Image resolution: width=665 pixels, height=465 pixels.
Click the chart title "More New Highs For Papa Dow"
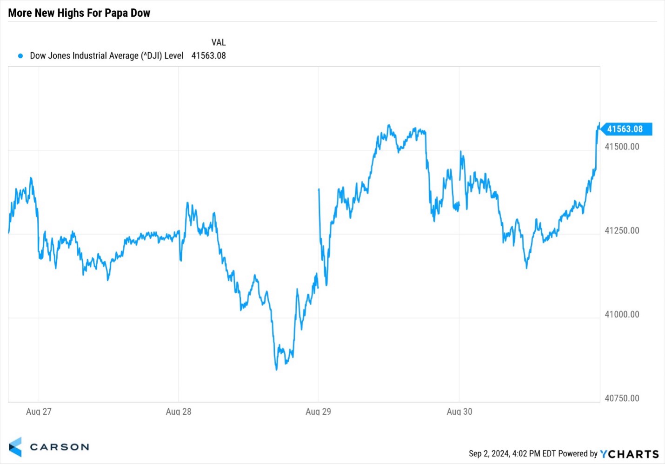tap(79, 13)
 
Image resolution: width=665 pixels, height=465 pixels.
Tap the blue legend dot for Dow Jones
tap(20, 56)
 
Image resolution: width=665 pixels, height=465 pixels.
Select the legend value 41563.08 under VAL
tap(208, 56)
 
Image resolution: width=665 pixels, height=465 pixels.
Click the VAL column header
tap(218, 42)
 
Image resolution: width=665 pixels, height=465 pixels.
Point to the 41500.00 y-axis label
tap(622, 147)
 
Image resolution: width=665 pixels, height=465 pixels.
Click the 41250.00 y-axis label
tap(622, 231)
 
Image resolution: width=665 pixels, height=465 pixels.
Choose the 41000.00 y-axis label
tap(622, 315)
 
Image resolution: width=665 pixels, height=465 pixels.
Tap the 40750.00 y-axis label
tap(622, 398)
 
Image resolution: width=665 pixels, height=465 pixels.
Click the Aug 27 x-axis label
tap(39, 411)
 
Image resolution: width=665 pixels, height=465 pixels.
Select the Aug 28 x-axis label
tap(179, 411)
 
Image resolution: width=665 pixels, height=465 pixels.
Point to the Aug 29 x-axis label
tap(319, 411)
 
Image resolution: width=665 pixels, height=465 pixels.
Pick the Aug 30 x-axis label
tap(459, 411)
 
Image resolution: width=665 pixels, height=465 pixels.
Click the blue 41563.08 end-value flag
tap(625, 129)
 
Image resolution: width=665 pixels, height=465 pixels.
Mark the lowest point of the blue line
tap(276, 370)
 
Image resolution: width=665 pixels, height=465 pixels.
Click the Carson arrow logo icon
tap(15, 447)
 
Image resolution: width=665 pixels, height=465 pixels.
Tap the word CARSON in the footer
tap(59, 447)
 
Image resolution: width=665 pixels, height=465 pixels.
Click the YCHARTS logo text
tap(629, 454)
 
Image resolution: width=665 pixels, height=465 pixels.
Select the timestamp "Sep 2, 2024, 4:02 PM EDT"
tap(512, 454)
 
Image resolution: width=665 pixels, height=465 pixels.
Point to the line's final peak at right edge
tap(599, 123)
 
